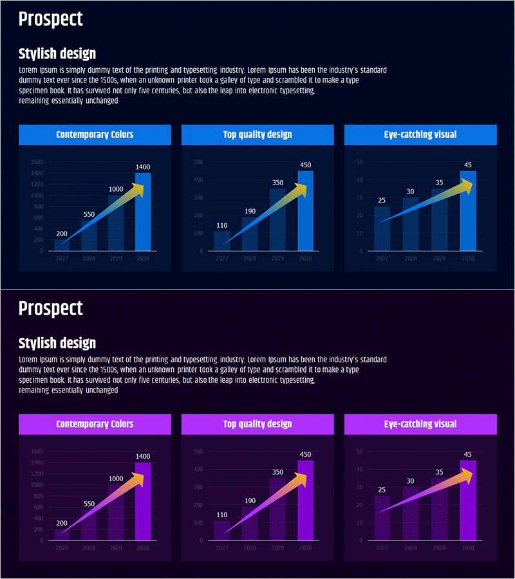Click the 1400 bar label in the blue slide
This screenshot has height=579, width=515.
click(x=143, y=167)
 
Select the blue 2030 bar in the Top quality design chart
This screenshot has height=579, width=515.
click(x=305, y=212)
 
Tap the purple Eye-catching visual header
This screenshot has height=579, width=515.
click(x=420, y=424)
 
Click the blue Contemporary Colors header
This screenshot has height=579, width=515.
click(x=95, y=134)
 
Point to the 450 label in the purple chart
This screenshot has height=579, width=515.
click(x=305, y=454)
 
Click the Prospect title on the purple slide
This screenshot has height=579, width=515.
click(x=51, y=308)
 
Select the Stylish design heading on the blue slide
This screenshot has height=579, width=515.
click(x=57, y=54)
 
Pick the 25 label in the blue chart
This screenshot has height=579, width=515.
click(x=382, y=200)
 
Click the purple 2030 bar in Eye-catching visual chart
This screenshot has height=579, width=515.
click(x=468, y=502)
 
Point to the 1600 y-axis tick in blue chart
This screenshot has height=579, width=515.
click(x=37, y=162)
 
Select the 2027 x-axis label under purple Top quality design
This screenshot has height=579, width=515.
click(x=222, y=547)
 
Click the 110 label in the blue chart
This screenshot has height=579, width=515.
click(x=222, y=225)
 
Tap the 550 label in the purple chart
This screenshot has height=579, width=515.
click(x=89, y=504)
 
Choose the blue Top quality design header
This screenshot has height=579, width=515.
click(x=257, y=134)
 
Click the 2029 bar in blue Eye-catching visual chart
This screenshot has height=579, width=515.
click(x=439, y=219)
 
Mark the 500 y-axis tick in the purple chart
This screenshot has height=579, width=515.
click(x=198, y=452)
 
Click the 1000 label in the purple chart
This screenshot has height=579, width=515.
click(x=116, y=479)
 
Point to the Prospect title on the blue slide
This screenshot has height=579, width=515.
click(x=51, y=19)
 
